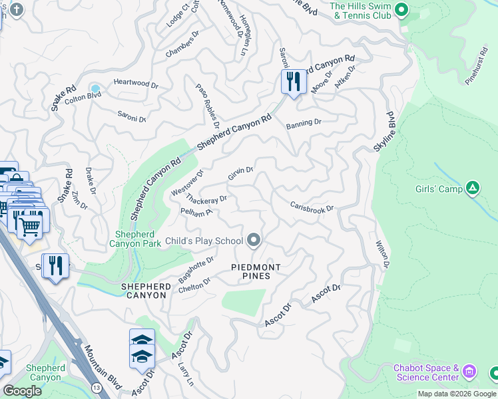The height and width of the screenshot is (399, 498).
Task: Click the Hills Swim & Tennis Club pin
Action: tap(401, 9)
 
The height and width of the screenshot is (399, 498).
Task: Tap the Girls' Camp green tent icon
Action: tap(473, 189)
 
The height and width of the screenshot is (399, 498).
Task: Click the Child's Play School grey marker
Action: tap(253, 239)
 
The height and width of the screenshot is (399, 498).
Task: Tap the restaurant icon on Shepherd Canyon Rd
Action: tap(293, 82)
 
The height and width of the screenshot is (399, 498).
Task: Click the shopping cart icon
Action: tap(29, 225)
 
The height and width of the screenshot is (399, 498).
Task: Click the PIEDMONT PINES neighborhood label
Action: tap(256, 271)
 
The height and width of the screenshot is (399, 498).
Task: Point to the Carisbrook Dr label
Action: tap(312, 206)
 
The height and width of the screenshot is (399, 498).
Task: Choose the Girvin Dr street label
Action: tap(240, 174)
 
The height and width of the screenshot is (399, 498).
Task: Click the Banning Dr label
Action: tap(304, 123)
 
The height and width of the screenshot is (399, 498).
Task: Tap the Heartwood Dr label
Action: tap(135, 84)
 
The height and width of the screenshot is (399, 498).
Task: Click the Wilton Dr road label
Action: tap(382, 254)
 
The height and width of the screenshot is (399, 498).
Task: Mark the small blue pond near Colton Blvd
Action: tap(95, 88)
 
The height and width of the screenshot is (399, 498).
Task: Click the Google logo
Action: tap(22, 391)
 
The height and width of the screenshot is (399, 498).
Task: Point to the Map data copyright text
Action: tap(457, 394)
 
